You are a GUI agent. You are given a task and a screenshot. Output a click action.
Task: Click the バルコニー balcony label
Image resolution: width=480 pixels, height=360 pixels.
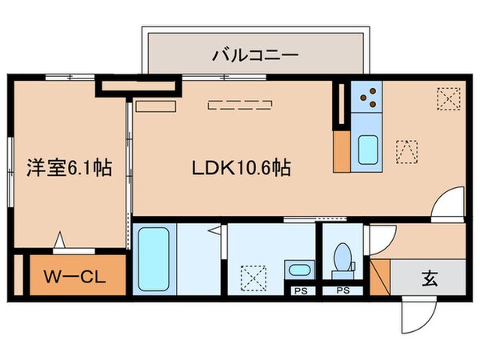(255, 55)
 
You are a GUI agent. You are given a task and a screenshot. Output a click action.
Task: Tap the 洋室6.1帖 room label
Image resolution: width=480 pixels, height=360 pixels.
(70, 168)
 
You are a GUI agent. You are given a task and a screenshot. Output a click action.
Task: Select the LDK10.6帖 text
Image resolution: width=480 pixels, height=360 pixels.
(239, 168)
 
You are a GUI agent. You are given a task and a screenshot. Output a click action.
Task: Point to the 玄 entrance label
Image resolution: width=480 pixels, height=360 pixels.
(430, 279)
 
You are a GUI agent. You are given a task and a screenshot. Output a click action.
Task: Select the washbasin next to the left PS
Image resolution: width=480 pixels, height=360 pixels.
(300, 270)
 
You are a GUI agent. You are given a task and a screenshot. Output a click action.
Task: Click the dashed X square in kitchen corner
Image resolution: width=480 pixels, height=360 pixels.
(447, 98)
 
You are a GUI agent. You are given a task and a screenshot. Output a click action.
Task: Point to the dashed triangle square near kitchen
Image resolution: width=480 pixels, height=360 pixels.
(406, 150)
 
